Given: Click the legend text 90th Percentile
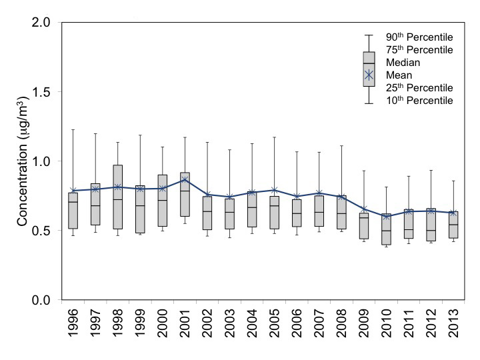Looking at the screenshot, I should coord(420,37).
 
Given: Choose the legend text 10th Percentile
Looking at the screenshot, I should coord(420,101).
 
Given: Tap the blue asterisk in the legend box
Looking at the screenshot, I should coord(369,75).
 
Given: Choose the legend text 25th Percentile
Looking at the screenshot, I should coord(420,88).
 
